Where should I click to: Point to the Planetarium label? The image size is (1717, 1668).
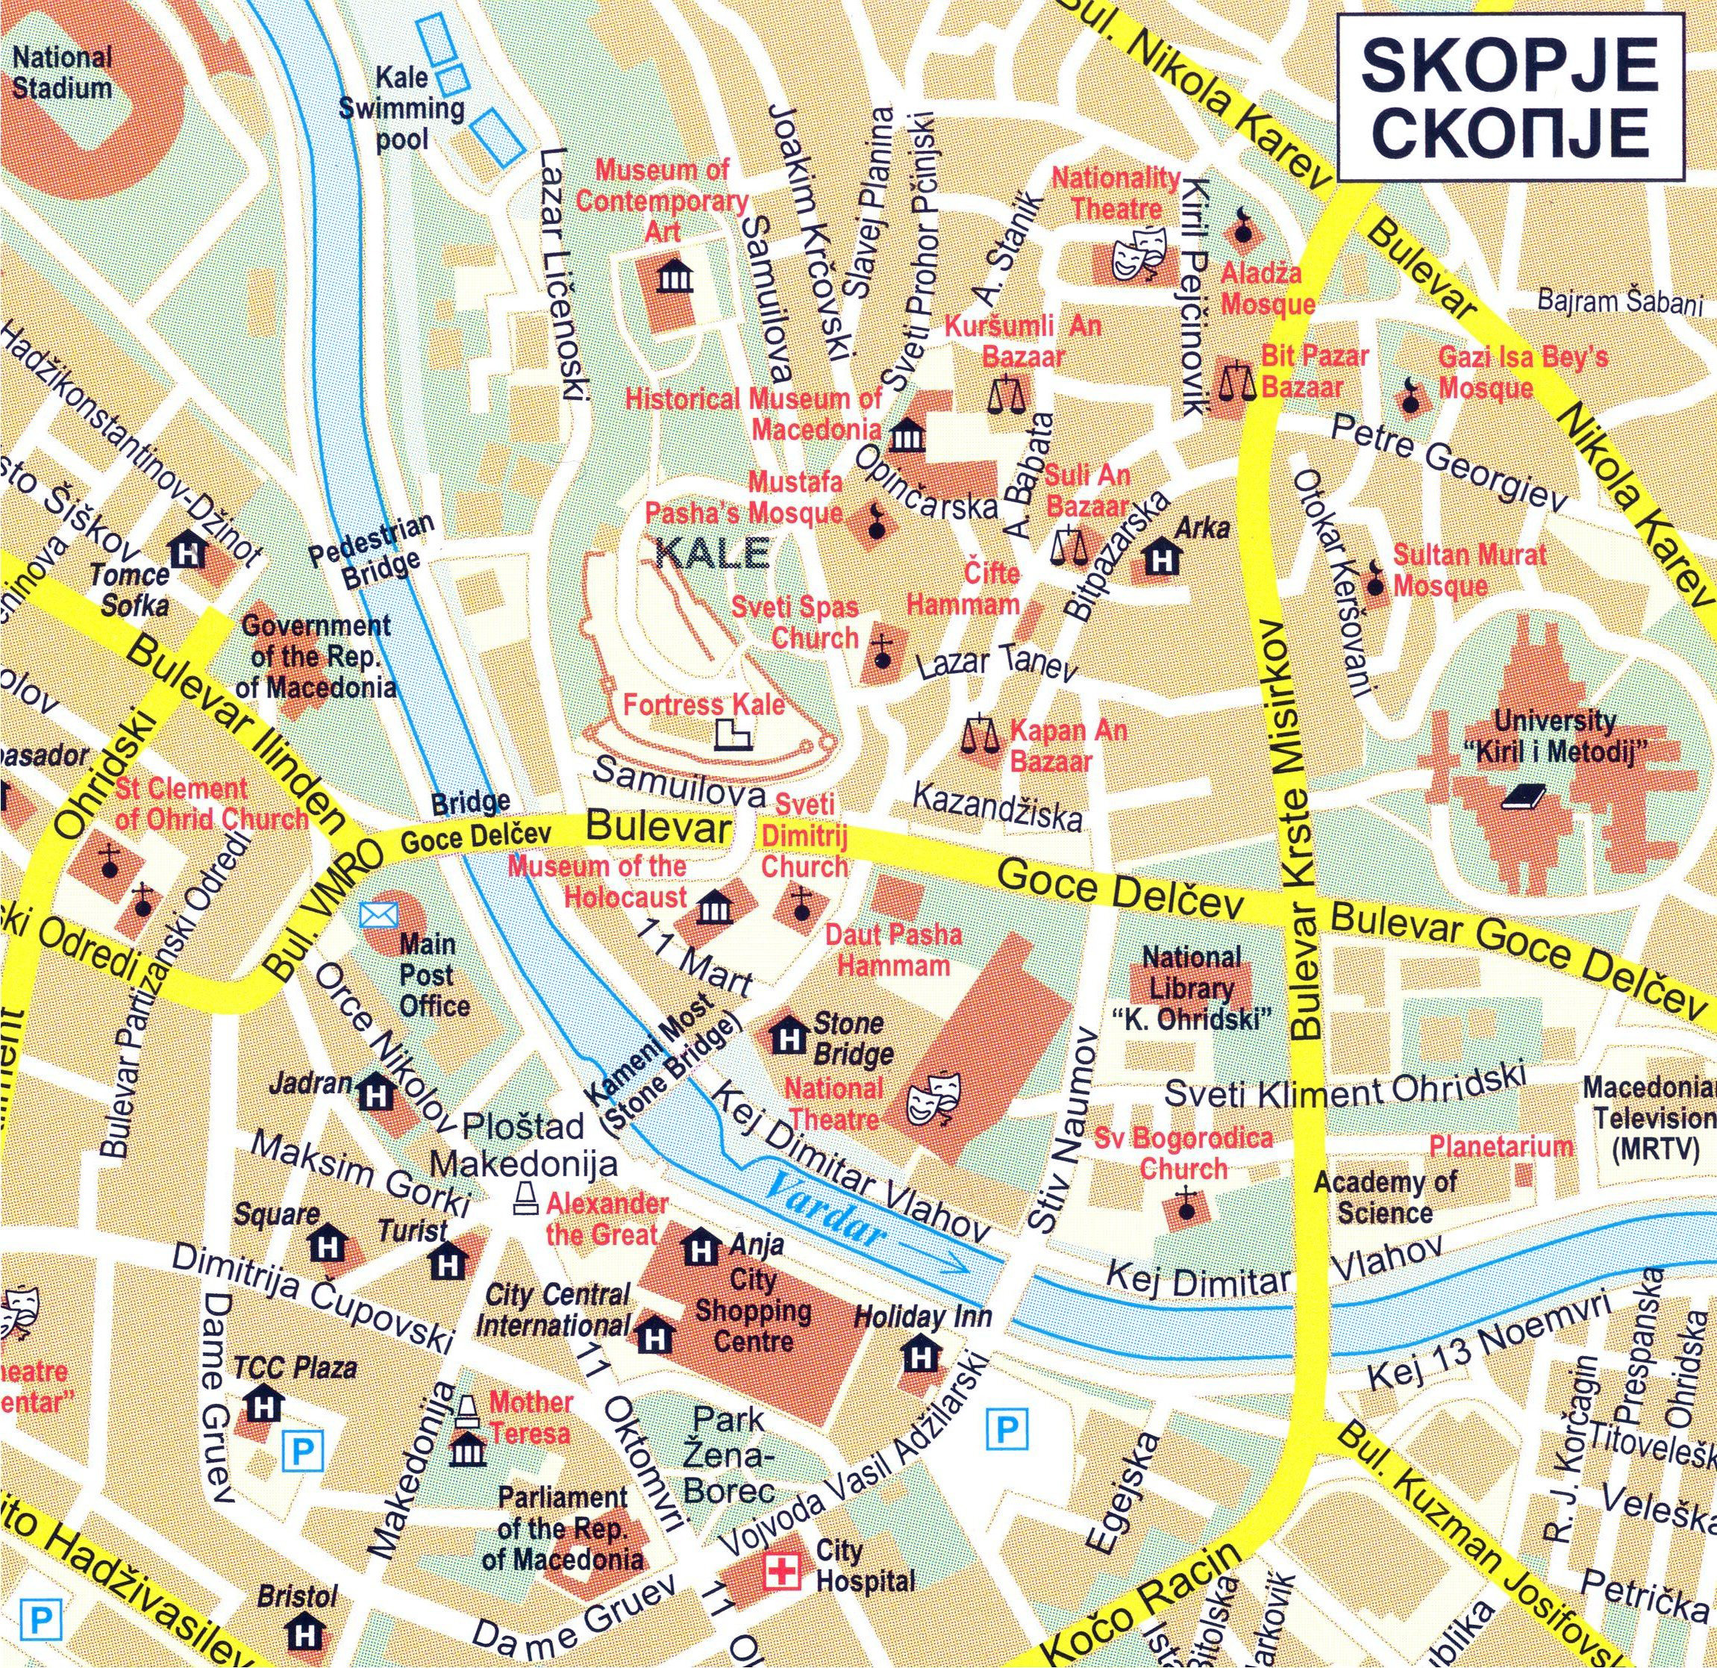coord(1501,1146)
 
